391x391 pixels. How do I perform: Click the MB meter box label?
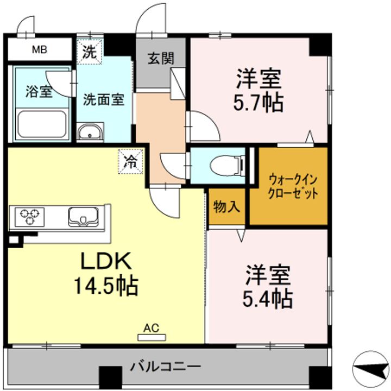tap(39, 51)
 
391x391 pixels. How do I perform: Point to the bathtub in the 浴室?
tap(41, 123)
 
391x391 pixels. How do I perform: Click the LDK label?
tap(106, 262)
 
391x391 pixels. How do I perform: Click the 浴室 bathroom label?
tap(39, 91)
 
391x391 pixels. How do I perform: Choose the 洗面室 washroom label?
tap(104, 99)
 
